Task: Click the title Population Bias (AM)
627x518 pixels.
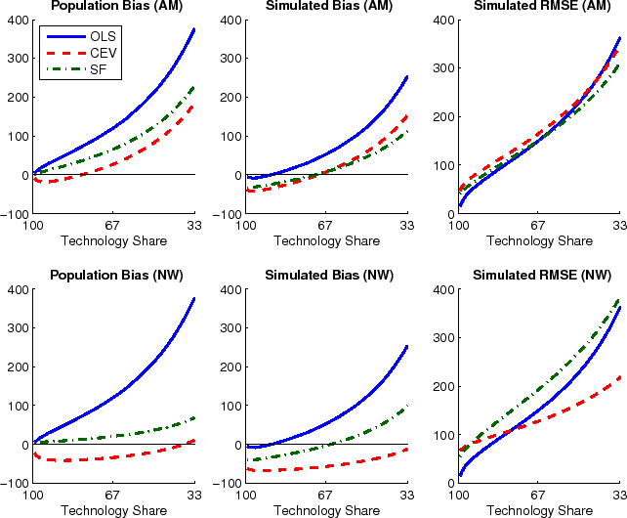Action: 114,7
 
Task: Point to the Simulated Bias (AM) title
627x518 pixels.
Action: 325,7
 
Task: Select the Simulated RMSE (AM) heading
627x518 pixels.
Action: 538,7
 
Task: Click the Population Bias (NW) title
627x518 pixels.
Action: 114,276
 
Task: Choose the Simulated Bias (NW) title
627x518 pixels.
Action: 325,276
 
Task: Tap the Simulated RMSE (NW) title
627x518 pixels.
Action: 538,276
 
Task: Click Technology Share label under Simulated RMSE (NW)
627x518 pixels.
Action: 538,510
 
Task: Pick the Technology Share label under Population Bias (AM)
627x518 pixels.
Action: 114,240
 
